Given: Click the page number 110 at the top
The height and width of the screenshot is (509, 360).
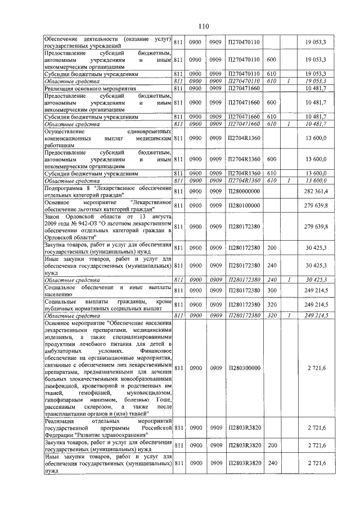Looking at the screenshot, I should click(204, 25).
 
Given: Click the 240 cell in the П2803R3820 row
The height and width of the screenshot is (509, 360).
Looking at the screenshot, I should click(273, 463).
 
